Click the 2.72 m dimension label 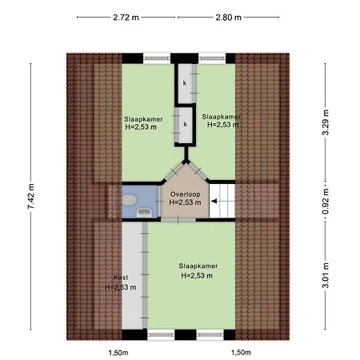pos(126,18)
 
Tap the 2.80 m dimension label pos(229,18)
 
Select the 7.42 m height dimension pos(31,196)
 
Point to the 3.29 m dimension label pos(326,122)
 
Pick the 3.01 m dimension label pos(326,275)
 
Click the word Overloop pos(186,194)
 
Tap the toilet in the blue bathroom pos(130,200)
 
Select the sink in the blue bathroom pos(144,213)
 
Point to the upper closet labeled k pos(186,83)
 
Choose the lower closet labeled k pos(185,125)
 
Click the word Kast pos(121,278)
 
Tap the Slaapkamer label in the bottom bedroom pos(198,266)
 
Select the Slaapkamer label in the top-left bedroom pos(143,119)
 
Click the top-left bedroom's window pos(157,58)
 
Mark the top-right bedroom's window pos(212,58)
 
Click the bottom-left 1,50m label pos(118,353)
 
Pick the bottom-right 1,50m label pos(241,353)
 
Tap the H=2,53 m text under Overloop pos(186,202)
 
